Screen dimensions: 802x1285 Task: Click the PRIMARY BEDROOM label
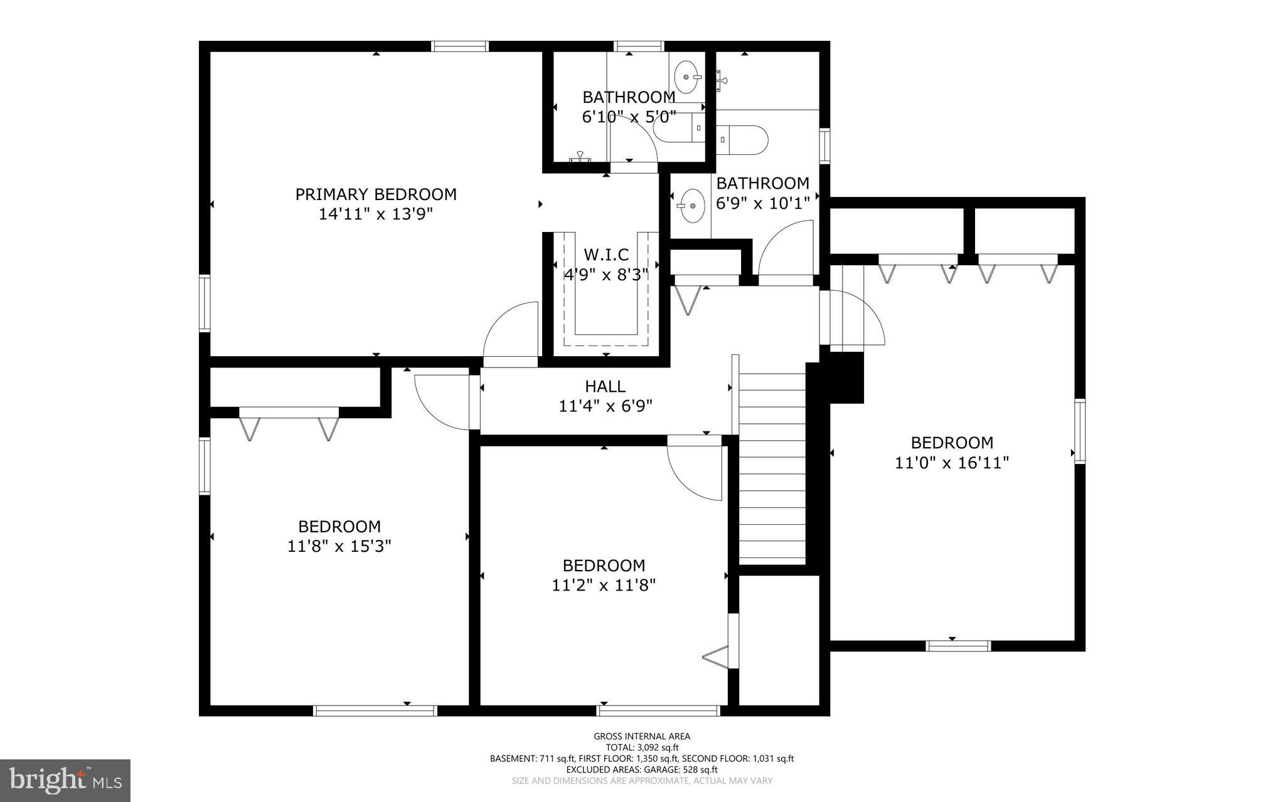(x=376, y=194)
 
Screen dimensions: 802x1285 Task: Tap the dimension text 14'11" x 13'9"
(x=376, y=214)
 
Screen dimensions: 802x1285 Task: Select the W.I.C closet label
(x=606, y=255)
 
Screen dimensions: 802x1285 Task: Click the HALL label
(x=605, y=386)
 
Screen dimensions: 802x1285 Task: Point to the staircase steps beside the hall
(x=772, y=467)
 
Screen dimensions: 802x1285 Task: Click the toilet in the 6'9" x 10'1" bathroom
(x=744, y=140)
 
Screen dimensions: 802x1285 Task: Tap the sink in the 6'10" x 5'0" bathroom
(x=686, y=77)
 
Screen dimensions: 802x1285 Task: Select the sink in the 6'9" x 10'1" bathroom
(x=691, y=205)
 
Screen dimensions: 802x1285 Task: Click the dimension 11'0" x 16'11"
(x=952, y=463)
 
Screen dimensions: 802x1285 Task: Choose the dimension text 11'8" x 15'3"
(x=339, y=546)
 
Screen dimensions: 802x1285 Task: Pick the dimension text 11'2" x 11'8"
(x=604, y=585)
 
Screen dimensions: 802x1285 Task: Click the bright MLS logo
(x=65, y=780)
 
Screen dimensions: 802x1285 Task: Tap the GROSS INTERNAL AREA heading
(x=642, y=736)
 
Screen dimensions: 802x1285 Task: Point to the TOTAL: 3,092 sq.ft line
(x=642, y=747)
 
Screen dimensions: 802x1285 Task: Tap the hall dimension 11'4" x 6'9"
(x=605, y=406)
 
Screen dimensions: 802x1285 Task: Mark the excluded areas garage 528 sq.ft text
(x=642, y=769)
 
